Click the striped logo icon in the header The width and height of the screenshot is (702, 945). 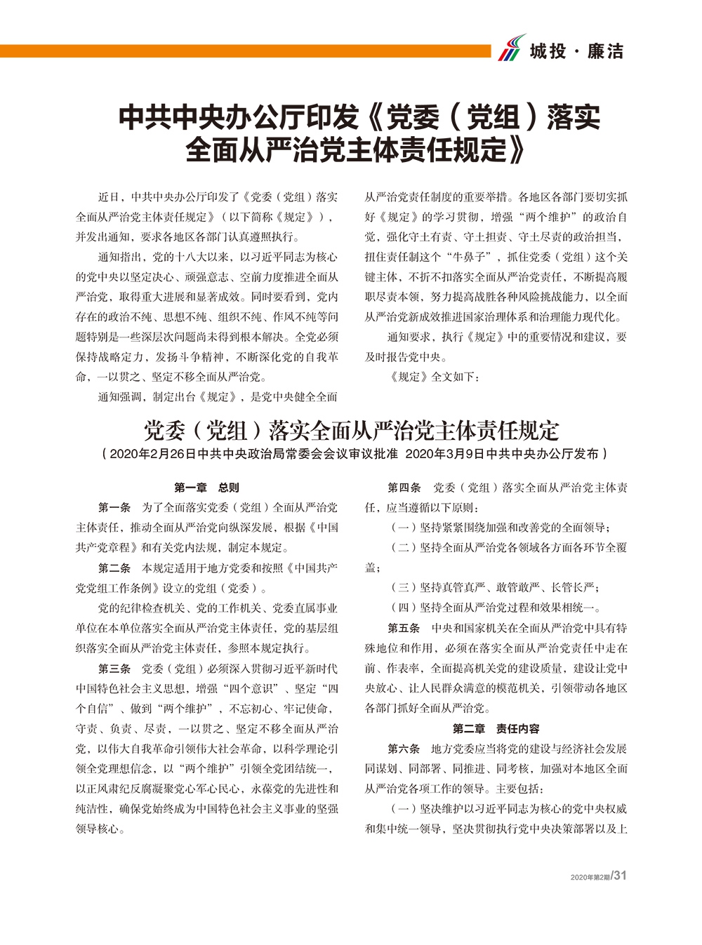tap(512, 48)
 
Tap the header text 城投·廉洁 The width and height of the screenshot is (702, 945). tap(576, 51)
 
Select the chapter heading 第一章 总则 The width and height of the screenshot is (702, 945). tap(207, 487)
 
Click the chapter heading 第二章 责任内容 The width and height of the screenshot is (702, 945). tap(496, 728)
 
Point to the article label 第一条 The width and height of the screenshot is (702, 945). tap(114, 507)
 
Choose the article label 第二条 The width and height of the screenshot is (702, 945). tap(114, 568)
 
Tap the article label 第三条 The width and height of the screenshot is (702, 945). tap(114, 668)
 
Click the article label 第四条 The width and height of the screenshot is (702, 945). tap(404, 487)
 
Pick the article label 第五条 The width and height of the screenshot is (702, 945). tap(404, 628)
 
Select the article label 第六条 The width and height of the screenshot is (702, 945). tap(404, 749)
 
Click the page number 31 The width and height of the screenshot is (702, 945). tap(620, 875)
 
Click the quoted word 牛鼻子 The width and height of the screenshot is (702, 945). tap(470, 257)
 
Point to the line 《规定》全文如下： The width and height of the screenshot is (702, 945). tap(435, 377)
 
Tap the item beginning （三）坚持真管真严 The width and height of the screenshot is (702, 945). tap(495, 587)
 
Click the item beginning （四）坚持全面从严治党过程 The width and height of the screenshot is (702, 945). tap(496, 608)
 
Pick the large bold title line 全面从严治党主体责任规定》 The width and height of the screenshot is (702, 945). tap(356, 149)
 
